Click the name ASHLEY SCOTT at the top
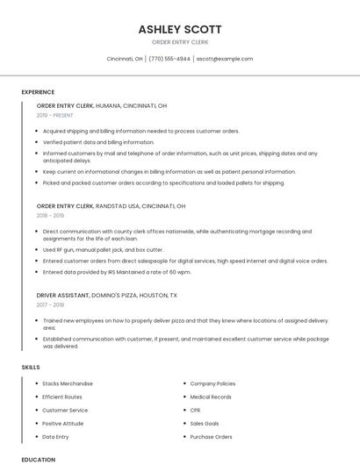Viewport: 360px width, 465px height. coord(179,29)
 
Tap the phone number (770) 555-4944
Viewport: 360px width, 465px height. coord(169,59)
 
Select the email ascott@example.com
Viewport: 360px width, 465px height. coord(225,59)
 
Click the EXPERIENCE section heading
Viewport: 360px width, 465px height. coord(38,92)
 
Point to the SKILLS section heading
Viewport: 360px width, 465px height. coord(31,367)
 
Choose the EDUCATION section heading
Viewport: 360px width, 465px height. coord(38,459)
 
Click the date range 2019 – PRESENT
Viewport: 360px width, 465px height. coord(55,115)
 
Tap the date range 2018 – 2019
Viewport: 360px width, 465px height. coord(50,215)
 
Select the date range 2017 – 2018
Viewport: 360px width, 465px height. coord(50,305)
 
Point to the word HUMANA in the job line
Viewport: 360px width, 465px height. coord(109,105)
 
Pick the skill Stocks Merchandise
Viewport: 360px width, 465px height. coord(68,383)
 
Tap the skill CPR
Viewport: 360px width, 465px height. coord(196,410)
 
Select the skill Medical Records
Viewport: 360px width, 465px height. coord(211,397)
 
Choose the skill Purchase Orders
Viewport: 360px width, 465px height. coord(212,437)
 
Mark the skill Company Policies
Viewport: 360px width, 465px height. coord(212,383)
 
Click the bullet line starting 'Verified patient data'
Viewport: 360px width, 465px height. coord(98,142)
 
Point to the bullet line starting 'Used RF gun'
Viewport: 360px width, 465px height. coord(103,249)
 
